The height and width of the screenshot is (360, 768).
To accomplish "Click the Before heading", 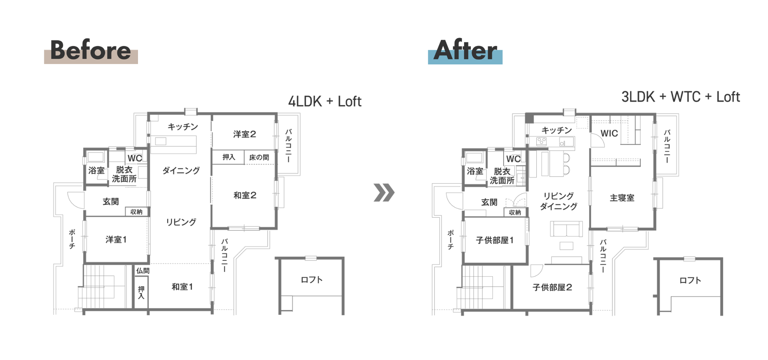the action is click(x=90, y=50).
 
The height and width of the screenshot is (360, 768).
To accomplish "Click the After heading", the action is click(x=465, y=50).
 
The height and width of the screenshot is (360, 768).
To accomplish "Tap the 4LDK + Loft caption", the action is click(x=325, y=102).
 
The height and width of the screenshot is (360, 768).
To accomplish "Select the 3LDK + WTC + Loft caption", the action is click(x=680, y=97).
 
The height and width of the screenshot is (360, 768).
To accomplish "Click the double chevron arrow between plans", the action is click(x=384, y=193).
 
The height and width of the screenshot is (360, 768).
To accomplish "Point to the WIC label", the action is click(x=609, y=134).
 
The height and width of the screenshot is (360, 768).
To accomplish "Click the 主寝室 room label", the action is click(x=622, y=198).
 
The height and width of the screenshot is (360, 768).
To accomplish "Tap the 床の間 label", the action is click(x=259, y=158).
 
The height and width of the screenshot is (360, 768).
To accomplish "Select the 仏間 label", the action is click(x=143, y=271).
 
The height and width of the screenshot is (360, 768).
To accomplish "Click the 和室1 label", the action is click(x=182, y=287).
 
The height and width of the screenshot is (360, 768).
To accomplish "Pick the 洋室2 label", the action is click(x=244, y=134).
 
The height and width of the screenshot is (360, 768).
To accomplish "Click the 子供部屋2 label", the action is click(x=552, y=288).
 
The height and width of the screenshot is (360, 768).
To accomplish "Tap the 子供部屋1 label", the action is click(x=495, y=240).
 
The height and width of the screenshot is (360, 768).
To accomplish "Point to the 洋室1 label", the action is click(x=116, y=240).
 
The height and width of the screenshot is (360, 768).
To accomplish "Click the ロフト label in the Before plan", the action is click(x=312, y=280).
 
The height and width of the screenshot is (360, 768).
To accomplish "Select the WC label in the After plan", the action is click(x=513, y=159).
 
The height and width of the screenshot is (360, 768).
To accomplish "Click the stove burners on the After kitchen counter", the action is click(x=542, y=141).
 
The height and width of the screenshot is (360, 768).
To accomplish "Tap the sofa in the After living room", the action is click(x=566, y=229).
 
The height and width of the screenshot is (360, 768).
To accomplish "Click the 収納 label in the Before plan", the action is click(x=136, y=212).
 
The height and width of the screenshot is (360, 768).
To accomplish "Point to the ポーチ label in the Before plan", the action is click(x=72, y=239).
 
